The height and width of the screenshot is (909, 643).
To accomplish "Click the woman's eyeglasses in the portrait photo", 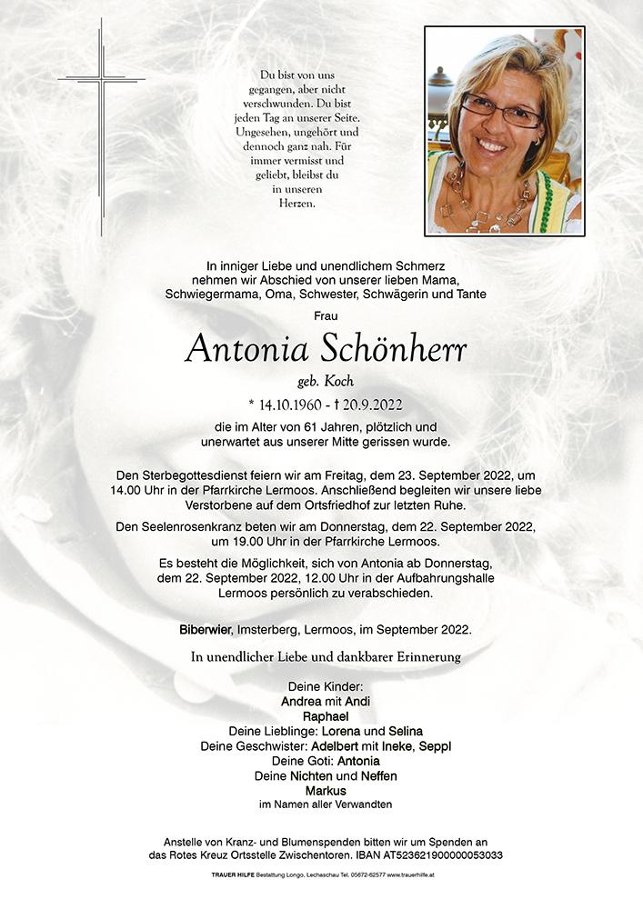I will [x=500, y=112].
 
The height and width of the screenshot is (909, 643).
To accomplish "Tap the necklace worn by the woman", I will [x=487, y=205].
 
